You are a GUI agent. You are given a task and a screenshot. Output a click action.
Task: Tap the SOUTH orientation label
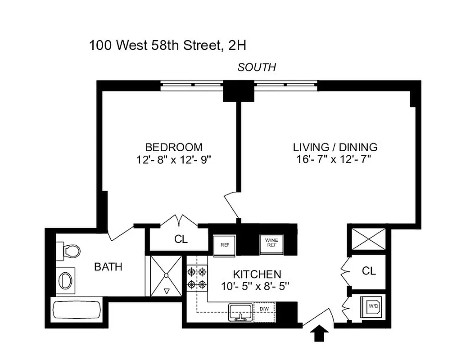pos(257,67)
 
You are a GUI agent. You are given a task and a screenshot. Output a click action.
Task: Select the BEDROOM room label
pos(173,147)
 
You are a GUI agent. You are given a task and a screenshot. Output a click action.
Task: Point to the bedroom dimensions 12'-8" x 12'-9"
pos(173,159)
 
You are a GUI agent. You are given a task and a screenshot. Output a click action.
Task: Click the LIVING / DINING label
pos(335,147)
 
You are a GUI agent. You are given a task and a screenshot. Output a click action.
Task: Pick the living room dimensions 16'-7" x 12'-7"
pos(335,159)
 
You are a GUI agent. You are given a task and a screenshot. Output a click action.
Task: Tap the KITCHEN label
pos(257,274)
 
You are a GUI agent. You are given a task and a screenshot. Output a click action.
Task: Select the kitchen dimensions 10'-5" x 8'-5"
pos(254,286)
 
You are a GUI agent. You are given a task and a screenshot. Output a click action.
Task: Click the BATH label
pos(108,267)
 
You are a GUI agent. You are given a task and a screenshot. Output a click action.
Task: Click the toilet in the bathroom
pos(69,250)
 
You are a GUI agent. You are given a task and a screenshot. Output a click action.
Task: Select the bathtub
pos(77,310)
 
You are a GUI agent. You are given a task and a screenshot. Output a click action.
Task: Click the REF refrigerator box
pos(225,245)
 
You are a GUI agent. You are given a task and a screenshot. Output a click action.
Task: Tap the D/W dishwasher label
pos(263,309)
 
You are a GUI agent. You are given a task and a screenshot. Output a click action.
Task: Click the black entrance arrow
pos(319,333)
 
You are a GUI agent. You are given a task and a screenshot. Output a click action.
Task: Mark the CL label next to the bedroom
pos(181,239)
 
